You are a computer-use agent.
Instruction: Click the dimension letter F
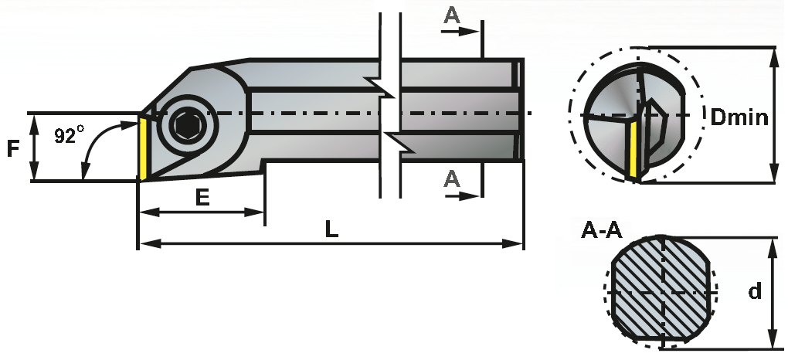(13, 148)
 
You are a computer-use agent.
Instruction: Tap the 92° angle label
(69, 135)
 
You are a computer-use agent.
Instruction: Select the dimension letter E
(202, 198)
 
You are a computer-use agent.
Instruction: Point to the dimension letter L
(331, 229)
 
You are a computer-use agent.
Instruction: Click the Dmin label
(739, 117)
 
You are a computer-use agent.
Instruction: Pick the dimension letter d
(755, 291)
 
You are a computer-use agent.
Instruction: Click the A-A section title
(601, 229)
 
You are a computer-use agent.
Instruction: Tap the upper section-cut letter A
(452, 15)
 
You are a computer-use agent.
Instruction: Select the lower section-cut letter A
(452, 178)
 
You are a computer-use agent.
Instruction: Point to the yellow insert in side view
(143, 148)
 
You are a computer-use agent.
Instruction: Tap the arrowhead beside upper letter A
(473, 32)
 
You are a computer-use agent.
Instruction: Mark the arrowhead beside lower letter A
(473, 195)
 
